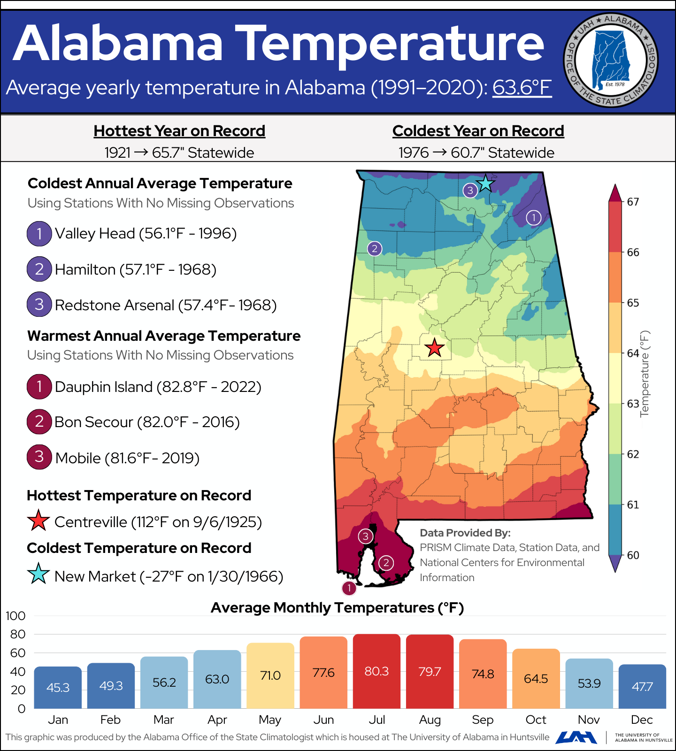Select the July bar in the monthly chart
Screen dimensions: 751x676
[376, 671]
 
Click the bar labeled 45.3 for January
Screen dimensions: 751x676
[58, 687]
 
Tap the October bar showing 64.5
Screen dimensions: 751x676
[536, 679]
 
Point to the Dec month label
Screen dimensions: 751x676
[642, 720]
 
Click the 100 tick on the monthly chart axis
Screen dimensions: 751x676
[15, 616]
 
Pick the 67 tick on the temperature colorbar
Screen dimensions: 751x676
[633, 202]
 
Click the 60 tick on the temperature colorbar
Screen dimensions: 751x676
[633, 555]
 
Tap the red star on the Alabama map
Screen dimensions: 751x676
[434, 348]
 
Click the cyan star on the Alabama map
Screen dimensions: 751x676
[485, 183]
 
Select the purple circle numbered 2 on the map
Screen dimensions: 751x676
[374, 248]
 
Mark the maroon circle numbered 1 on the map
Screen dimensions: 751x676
[349, 588]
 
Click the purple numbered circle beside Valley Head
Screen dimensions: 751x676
[39, 233]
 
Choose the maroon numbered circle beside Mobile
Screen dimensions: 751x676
[39, 457]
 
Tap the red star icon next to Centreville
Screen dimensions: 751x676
[38, 521]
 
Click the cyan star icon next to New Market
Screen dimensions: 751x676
[38, 574]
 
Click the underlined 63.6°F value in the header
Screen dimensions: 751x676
[522, 88]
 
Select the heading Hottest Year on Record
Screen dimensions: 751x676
[179, 131]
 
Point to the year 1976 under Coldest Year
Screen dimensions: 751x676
[414, 153]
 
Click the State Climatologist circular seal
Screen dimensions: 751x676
[611, 60]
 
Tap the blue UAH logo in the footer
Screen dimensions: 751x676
[576, 737]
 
